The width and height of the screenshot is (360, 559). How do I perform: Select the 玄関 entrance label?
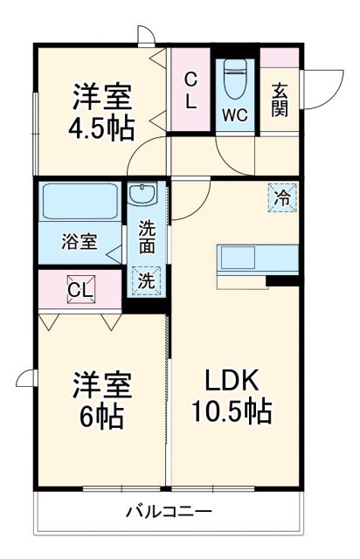[280, 100]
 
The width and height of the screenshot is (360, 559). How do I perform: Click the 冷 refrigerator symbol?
[281, 198]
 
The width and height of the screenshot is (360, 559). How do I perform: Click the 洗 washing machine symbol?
[146, 281]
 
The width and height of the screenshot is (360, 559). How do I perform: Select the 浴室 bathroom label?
[79, 242]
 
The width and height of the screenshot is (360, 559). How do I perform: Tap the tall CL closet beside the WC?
[190, 89]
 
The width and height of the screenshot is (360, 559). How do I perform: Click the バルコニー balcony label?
[168, 510]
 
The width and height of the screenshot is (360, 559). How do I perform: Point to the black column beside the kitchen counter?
[281, 280]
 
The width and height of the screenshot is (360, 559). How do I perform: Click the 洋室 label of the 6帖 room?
[101, 384]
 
